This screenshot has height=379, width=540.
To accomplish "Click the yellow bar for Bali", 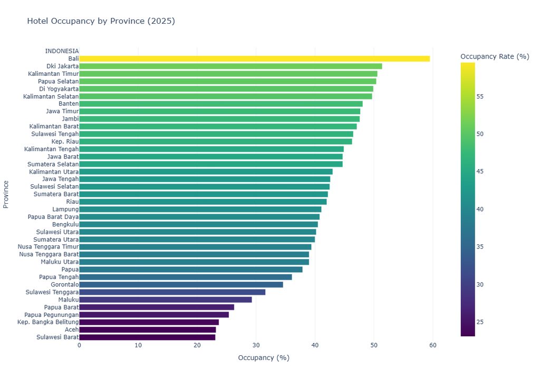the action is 255,59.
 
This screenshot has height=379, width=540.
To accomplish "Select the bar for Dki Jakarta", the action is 231,66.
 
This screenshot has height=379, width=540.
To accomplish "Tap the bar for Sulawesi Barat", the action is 148,337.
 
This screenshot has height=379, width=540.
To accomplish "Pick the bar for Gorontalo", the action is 181,284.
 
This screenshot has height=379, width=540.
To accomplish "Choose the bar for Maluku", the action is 166,300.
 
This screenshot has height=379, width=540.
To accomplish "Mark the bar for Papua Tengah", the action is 186,277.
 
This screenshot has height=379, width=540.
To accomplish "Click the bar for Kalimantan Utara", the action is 206,172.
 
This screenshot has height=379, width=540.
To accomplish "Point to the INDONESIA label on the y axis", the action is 62,51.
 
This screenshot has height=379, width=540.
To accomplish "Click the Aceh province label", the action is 72,330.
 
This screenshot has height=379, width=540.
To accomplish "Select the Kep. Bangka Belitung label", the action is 48,322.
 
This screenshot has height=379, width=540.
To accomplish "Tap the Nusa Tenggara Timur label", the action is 48,246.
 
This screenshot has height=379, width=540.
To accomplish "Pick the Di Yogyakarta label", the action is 59,89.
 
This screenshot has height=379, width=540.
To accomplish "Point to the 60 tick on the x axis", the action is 433,345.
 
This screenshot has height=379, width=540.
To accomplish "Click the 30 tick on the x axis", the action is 256,345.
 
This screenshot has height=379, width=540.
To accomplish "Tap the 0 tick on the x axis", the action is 79,345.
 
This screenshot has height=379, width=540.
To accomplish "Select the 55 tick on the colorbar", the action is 480,97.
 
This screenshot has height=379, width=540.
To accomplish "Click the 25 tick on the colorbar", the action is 480,322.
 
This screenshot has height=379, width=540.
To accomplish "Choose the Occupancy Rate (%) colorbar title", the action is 495,56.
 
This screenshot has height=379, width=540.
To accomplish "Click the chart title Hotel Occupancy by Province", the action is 101,21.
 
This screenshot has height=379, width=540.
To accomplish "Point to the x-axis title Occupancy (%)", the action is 264,357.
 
